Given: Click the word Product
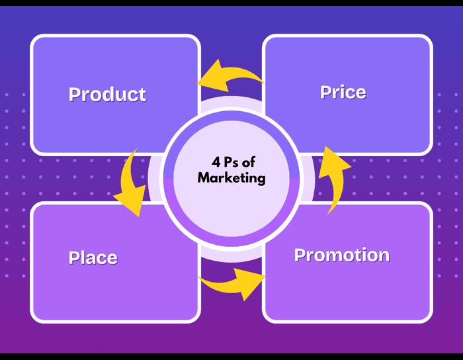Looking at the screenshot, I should pos(107,94).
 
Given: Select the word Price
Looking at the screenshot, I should pos(343,92).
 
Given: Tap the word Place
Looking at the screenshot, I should pos(93,257).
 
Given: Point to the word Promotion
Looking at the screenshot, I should pos(341,255).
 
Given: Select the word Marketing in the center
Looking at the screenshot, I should pos(231,178).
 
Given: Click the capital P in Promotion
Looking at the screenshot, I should pos(300,255).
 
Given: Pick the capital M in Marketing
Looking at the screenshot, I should pos(204,178).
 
